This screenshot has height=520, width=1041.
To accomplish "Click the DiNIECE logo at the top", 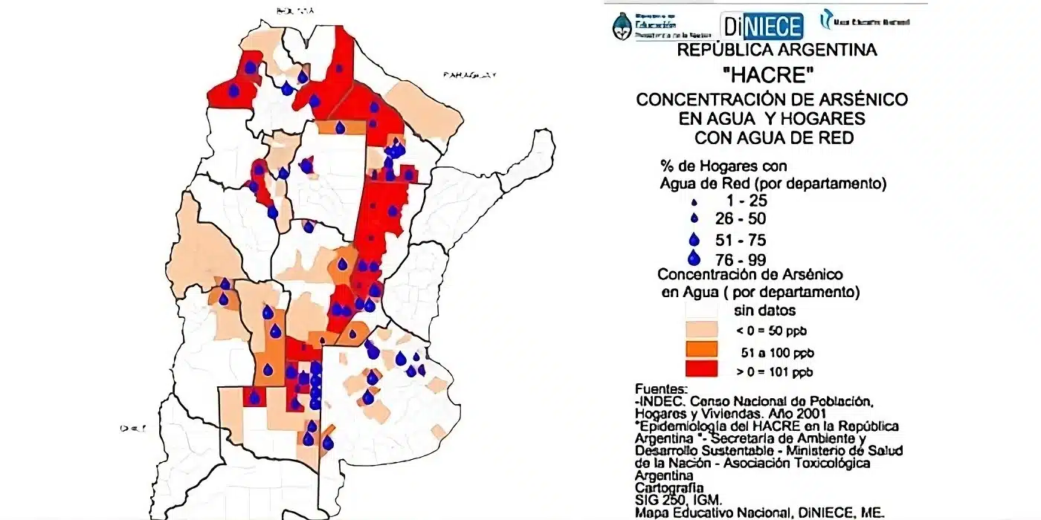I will coord(762,27).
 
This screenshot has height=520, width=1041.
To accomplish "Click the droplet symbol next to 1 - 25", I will coord(694,202).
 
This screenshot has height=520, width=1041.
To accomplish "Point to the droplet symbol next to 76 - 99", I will coord(694,259).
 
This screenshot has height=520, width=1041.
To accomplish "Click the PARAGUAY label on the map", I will coord(469,75).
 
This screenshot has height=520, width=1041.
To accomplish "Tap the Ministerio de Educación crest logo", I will coord(622,26).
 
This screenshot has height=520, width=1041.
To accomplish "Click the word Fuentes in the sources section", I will coord(662,389).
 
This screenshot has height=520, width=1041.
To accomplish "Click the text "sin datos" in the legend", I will coord(765,311).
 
